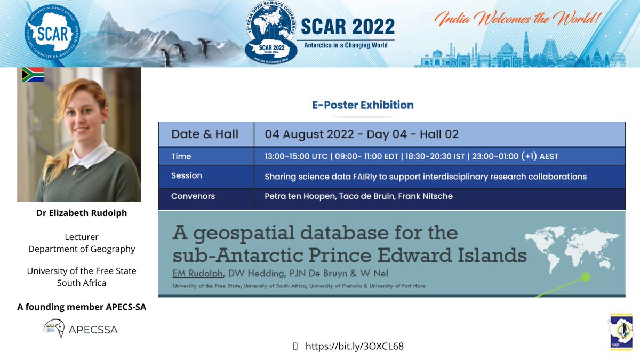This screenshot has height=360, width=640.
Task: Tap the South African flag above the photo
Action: click(33, 75)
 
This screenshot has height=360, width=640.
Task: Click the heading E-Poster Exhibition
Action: click(363, 105)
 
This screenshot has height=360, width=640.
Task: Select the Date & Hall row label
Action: click(205, 134)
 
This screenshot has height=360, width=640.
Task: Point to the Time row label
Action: click(181, 156)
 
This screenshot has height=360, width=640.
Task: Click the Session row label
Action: click(186, 176)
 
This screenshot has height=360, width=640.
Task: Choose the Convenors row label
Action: click(193, 196)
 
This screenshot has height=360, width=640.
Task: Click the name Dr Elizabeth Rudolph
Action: click(81, 213)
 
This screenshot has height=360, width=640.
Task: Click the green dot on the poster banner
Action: click(586, 277)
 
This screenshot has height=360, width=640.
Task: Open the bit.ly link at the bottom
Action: click(354, 346)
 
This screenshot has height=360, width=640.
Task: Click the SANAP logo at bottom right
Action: click(621, 331)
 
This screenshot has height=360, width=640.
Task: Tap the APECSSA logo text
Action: click(93, 330)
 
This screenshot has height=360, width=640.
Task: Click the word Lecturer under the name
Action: click(82, 237)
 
